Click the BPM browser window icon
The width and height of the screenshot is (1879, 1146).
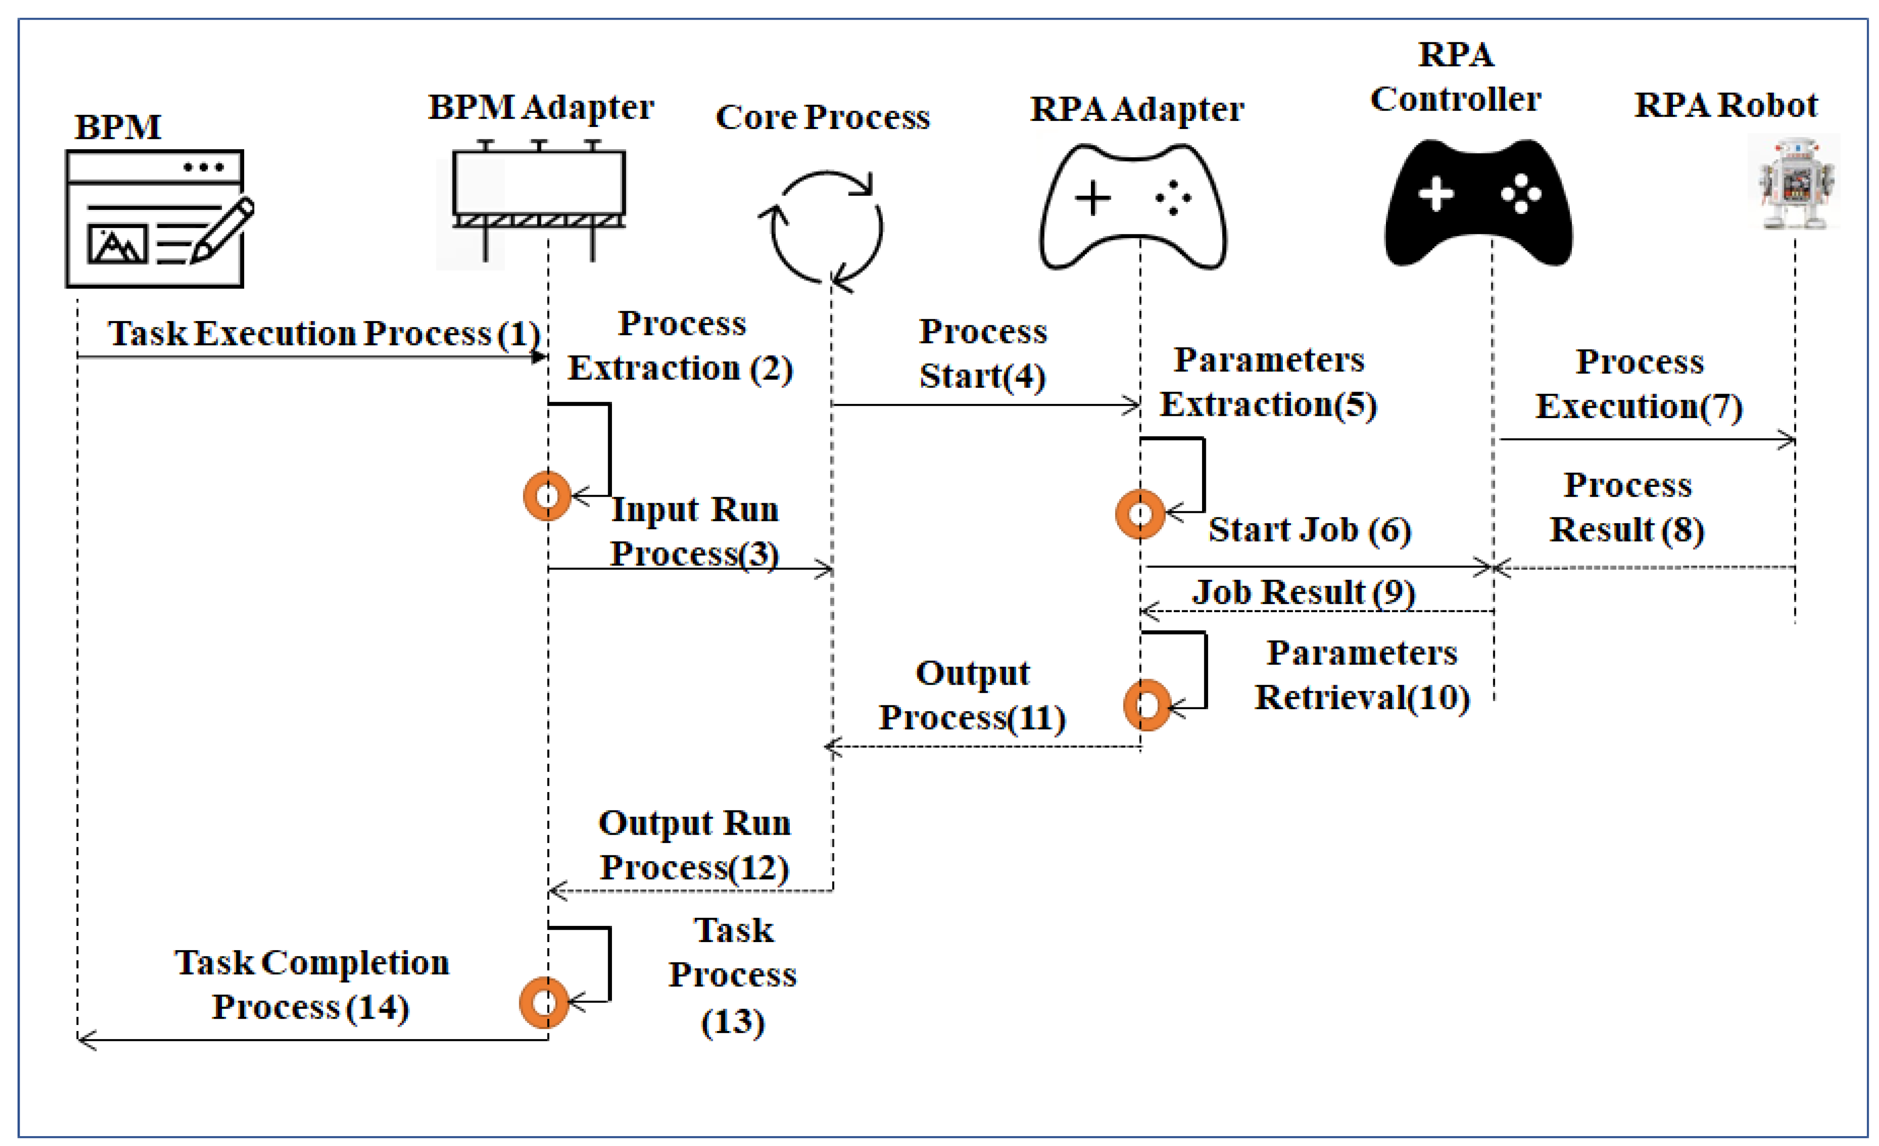(155, 219)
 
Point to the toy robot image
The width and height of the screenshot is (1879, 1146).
(1794, 183)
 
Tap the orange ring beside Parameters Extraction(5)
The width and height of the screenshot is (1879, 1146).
(1139, 514)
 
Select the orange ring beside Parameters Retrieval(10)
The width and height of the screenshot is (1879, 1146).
(1146, 705)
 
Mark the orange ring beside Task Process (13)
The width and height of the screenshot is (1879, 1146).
(544, 1002)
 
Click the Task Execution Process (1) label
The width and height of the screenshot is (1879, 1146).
(324, 334)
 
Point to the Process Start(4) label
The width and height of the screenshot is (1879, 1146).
(982, 353)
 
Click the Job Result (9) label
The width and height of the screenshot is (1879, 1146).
(1303, 592)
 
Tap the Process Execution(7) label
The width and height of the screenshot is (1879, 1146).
(1639, 383)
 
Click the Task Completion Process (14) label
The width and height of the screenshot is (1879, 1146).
(311, 984)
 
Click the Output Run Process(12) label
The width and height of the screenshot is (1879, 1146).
(694, 845)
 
